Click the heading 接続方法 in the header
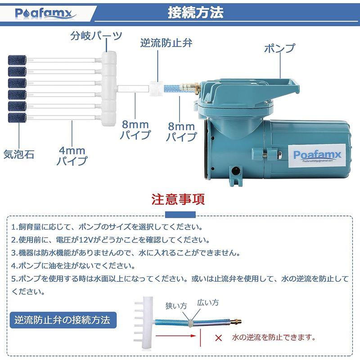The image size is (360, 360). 195,13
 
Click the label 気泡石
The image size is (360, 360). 19,154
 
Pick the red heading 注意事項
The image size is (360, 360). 178,199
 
